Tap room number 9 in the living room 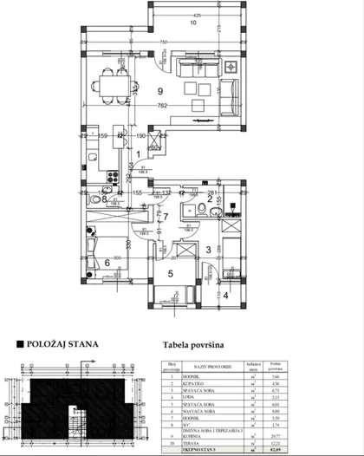coord(159,91)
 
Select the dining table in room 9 coord(114,85)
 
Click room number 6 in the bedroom coord(107,263)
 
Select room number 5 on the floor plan coord(171,275)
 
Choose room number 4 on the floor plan coord(227,295)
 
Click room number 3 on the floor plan coord(208,251)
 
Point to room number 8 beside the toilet coord(105,199)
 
